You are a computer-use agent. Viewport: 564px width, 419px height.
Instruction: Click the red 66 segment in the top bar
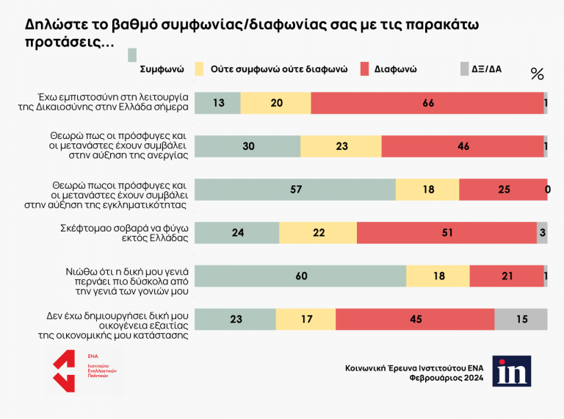pyautogui.click(x=427, y=104)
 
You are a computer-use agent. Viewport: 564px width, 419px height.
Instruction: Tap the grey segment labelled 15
pyautogui.click(x=521, y=319)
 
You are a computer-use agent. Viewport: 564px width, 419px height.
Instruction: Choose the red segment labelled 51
pyautogui.click(x=446, y=232)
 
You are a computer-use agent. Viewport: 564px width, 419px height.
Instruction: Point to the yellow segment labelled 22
pyautogui.click(x=318, y=232)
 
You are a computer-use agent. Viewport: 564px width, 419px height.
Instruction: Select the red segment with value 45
pyautogui.click(x=415, y=319)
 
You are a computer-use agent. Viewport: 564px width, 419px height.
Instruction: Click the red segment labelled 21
pyautogui.click(x=506, y=276)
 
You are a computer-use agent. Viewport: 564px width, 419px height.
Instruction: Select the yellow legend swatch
pyautogui.click(x=198, y=69)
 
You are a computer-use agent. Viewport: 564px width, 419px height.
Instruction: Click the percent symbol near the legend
pyautogui.click(x=537, y=74)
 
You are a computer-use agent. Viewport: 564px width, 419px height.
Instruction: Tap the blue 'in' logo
pyautogui.click(x=511, y=371)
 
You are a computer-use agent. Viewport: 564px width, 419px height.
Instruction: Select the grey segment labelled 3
pyautogui.click(x=542, y=232)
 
